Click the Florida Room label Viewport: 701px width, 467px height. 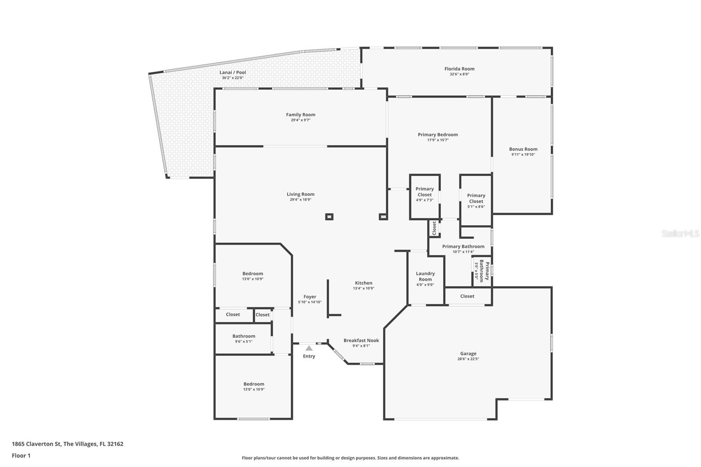[x=459, y=69]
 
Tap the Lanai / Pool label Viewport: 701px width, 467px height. [x=233, y=73]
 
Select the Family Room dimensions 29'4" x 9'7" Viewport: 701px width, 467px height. [x=301, y=120]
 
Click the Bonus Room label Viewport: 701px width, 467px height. [x=523, y=149]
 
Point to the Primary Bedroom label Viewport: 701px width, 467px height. [x=438, y=134]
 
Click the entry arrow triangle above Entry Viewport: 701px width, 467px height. [x=309, y=348]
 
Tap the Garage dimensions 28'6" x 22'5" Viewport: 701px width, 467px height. [x=468, y=359]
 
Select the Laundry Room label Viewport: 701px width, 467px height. [x=425, y=276]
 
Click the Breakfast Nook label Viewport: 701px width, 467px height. [x=361, y=340]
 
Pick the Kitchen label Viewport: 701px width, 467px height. [x=364, y=283]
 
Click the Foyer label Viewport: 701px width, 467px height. [x=310, y=297]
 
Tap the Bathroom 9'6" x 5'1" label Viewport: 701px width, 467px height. [x=244, y=336]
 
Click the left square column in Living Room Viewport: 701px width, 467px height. [x=329, y=216]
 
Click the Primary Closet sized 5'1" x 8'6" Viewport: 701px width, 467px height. [x=476, y=198]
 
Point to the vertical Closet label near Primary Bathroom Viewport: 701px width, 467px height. [x=434, y=228]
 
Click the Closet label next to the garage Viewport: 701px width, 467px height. [x=467, y=296]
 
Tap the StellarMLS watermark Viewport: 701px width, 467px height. [x=680, y=234]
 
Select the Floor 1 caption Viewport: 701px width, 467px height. [x=21, y=456]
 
